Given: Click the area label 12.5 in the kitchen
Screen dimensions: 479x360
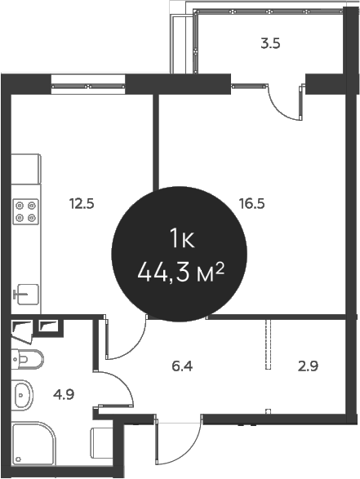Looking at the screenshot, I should point(82,204).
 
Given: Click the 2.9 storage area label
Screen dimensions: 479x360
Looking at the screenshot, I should point(309,366).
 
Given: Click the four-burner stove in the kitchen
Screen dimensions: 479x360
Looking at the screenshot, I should point(26,212).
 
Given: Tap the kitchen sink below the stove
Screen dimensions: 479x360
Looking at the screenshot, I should point(26,292).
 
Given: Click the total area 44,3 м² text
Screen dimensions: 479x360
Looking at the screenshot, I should point(180,273).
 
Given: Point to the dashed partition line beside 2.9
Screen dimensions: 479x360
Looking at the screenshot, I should point(268,347).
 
